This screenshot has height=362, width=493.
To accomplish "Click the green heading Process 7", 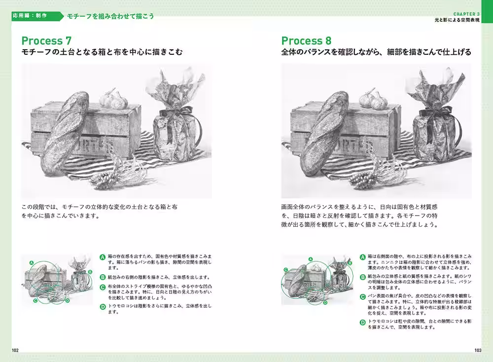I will pyautogui.click(x=49, y=40).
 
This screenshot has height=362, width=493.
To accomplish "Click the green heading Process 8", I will pyautogui.click(x=306, y=40).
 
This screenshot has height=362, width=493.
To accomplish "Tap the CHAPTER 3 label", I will pyautogui.click(x=467, y=13).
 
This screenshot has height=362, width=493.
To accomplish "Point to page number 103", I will pyautogui.click(x=477, y=350).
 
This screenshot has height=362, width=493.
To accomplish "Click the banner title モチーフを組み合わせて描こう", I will pyautogui.click(x=110, y=16).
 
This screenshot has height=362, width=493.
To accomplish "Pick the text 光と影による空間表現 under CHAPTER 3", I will pyautogui.click(x=457, y=21).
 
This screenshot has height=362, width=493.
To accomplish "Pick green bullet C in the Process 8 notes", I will pyautogui.click(x=363, y=296).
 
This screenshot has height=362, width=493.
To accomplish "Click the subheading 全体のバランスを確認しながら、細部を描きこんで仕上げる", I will pyautogui.click(x=376, y=52).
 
